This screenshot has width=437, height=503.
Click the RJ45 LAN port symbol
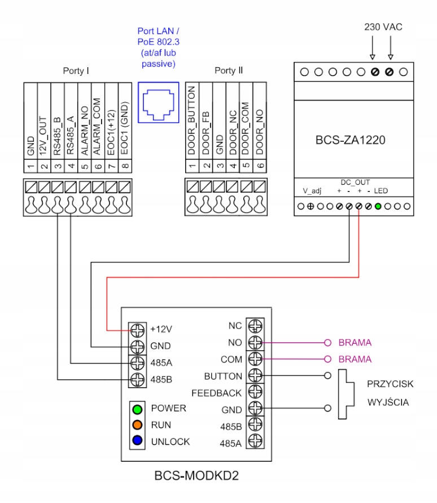coord(159,102)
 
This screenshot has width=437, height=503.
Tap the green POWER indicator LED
coord(138,408)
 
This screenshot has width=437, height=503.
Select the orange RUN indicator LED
coord(138,425)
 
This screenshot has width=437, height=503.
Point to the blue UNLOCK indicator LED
coord(138,441)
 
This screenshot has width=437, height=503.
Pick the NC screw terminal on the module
coord(255,326)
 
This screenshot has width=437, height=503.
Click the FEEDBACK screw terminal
coord(255,393)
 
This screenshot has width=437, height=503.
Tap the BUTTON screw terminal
coord(255,376)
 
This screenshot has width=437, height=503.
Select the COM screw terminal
coord(255,359)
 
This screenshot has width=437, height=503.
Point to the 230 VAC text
coord(382,27)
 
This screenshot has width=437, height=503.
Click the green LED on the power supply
coord(378,206)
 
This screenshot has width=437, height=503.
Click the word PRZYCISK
coord(391,384)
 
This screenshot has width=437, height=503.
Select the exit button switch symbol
coord(344,395)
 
